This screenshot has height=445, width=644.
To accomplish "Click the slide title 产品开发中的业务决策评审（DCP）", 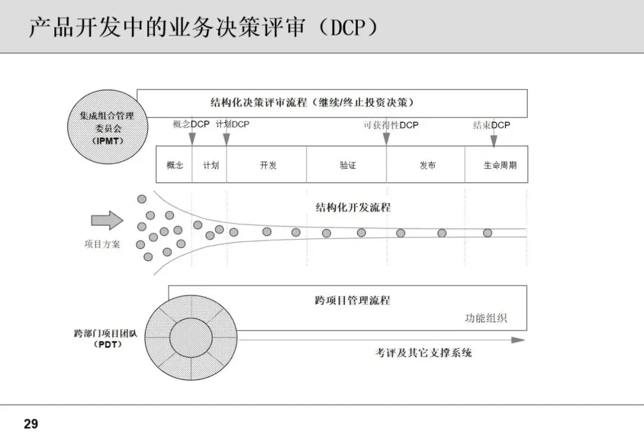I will coord(203,27).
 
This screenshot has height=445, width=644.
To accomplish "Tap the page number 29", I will coord(31,424).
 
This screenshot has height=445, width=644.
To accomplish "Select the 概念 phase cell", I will coord(175,165).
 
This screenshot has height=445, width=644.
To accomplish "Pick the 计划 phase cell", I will coord(210,165).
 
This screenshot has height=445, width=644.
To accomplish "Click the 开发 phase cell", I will coord(268,165).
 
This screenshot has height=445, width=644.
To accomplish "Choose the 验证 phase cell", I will coord(348,165).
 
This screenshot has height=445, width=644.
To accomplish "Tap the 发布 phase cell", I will coord(427,165).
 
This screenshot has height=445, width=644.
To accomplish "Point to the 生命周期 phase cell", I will coord(500,165).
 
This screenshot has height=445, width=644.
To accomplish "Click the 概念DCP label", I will coord(191,125).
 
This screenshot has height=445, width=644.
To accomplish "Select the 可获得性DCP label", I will coord(391,125).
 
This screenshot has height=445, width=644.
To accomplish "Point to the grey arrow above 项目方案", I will coord(107,220).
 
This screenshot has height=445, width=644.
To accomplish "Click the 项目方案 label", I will coord(102,244).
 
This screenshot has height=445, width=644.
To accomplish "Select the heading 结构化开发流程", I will coord(353,207).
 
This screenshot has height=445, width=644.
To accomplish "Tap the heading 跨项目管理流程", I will coord(352,300).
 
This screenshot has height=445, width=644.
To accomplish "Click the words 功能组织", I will coord(486,318).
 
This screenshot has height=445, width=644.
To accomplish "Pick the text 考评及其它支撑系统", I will coord(423,353).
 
